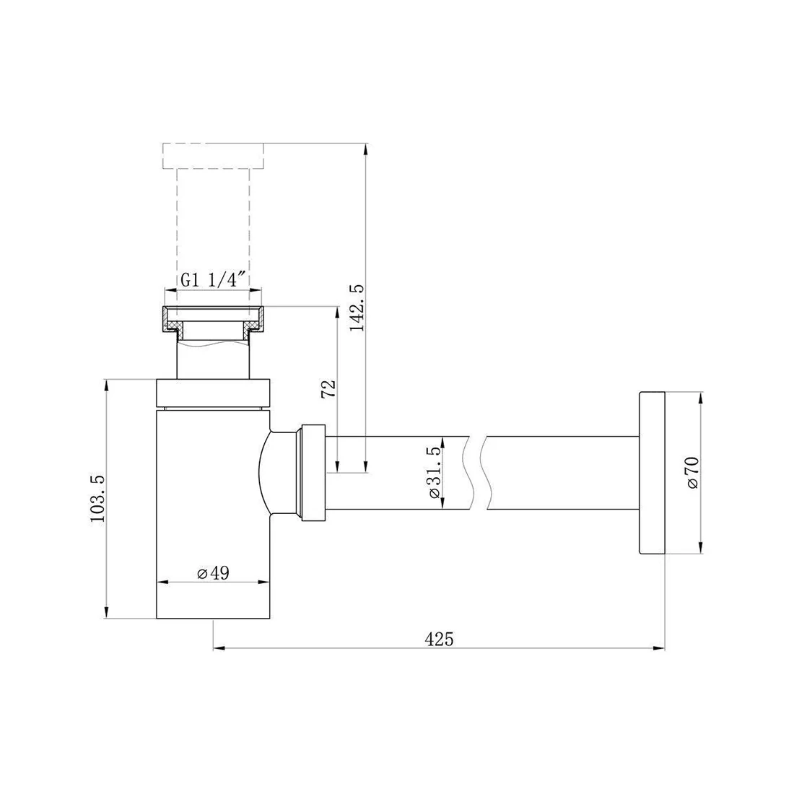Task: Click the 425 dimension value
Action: pyautogui.click(x=439, y=639)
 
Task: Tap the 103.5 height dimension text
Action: pyautogui.click(x=97, y=499)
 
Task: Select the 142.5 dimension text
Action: pyautogui.click(x=357, y=308)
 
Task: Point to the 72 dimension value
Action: pyautogui.click(x=328, y=389)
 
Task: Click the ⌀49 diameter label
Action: pyautogui.click(x=213, y=572)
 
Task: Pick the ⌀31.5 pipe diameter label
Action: pyautogui.click(x=435, y=473)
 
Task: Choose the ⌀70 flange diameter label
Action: pyautogui.click(x=693, y=473)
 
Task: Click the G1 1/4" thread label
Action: pyautogui.click(x=213, y=279)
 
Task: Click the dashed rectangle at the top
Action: pyautogui.click(x=213, y=155)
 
